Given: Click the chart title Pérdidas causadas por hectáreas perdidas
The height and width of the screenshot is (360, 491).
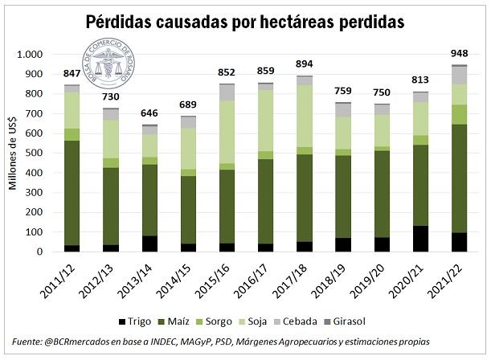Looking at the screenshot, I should pyautogui.click(x=245, y=22).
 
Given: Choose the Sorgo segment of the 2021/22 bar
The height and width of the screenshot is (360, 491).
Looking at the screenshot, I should pyautogui.click(x=460, y=114).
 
